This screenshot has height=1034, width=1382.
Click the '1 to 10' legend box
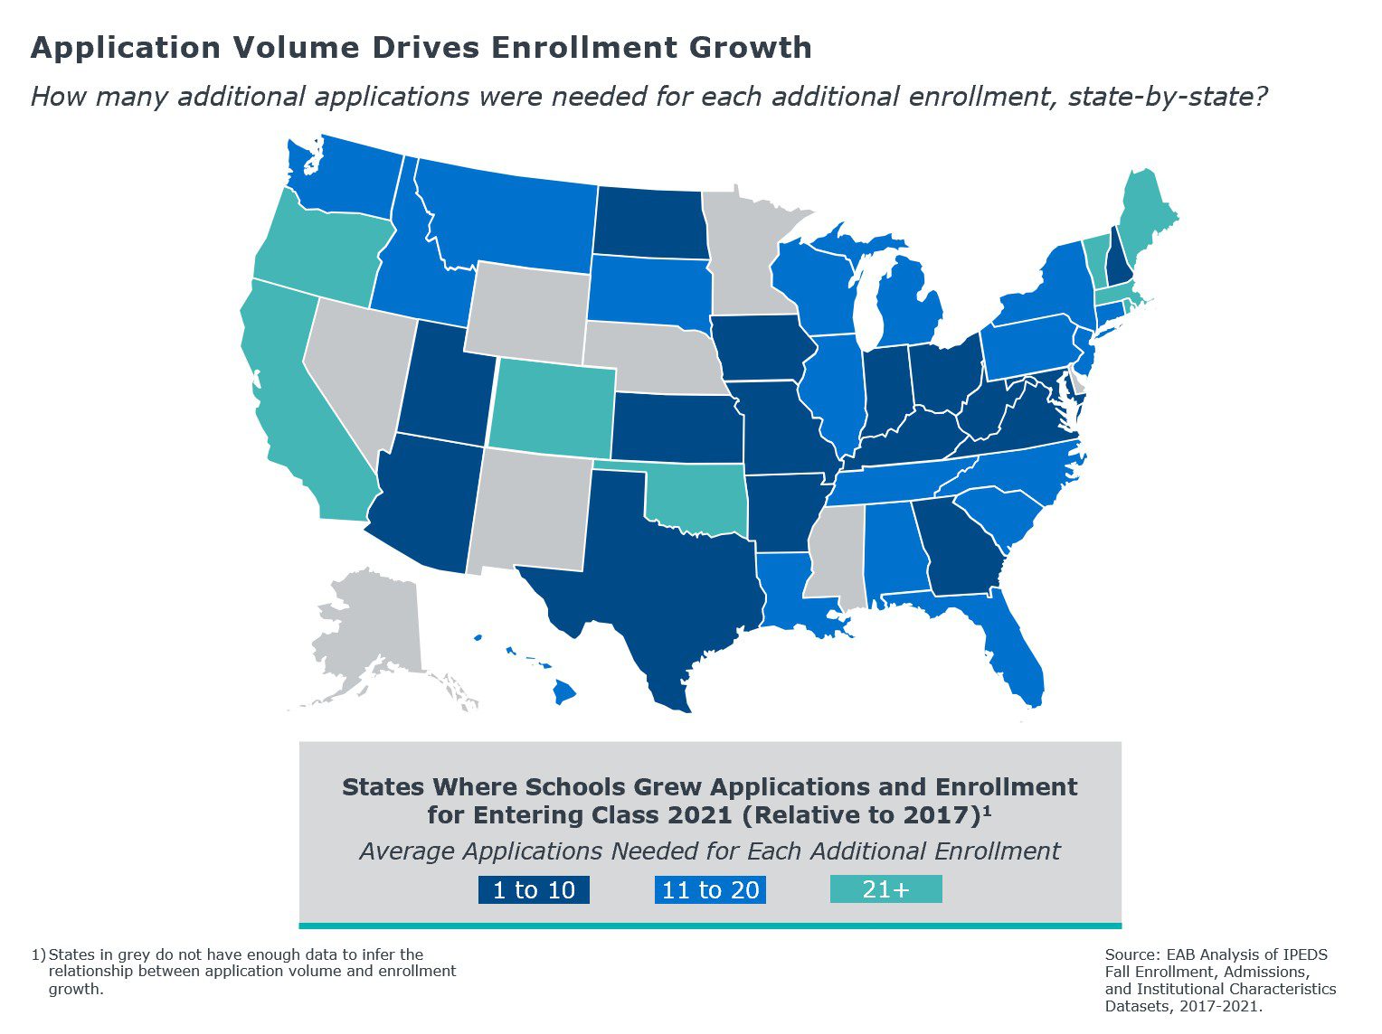[x=534, y=889]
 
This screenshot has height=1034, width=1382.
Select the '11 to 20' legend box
[x=710, y=889]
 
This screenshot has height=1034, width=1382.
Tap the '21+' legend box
[x=885, y=889]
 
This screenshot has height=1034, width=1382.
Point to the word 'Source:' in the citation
[x=1131, y=954]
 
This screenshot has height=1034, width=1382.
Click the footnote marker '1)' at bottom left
[x=38, y=954]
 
